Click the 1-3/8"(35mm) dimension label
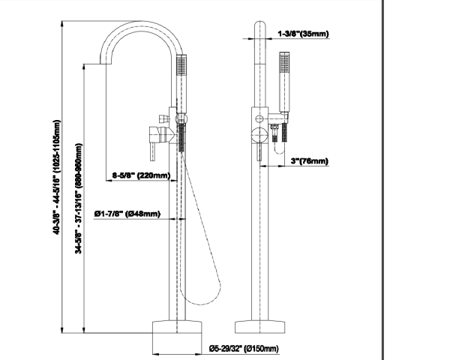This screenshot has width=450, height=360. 304,33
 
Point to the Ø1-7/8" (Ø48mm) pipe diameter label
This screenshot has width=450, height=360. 127,215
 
